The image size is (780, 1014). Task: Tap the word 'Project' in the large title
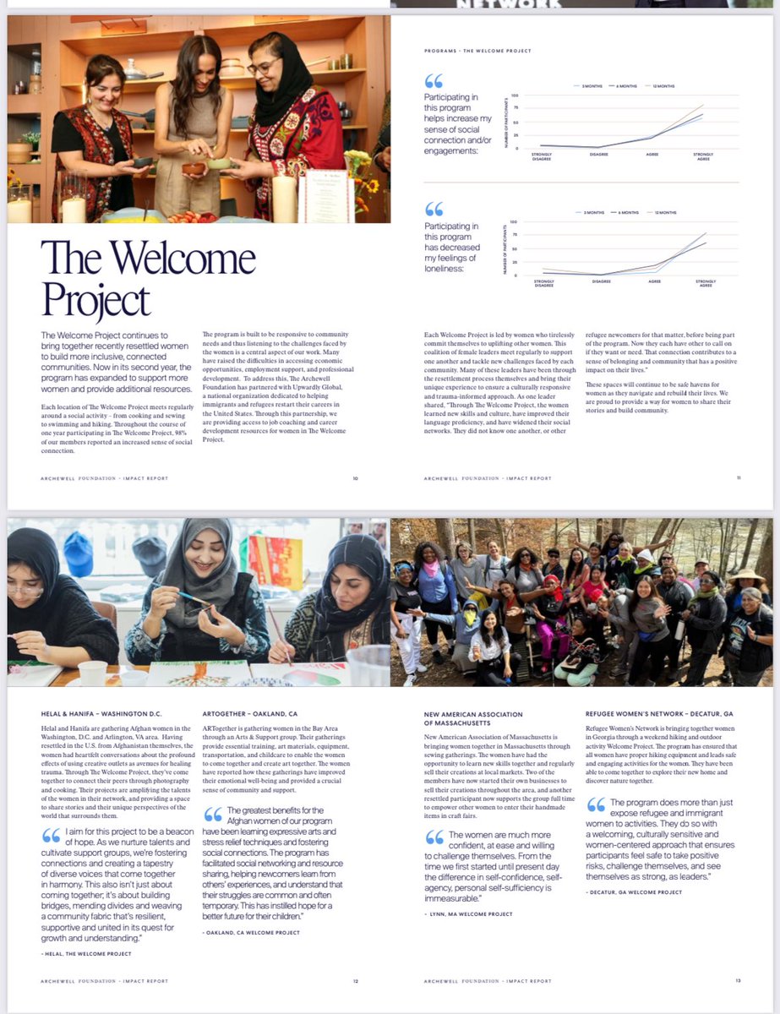pos(95,300)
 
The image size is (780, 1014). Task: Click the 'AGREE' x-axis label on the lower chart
pos(654,281)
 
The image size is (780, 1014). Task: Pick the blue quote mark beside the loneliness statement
pos(434,209)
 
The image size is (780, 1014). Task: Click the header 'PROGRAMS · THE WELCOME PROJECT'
pos(477,51)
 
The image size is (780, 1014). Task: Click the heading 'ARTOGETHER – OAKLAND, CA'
pos(250,714)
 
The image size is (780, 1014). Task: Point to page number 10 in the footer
pos(355,478)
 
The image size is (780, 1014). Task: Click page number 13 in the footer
pos(738,981)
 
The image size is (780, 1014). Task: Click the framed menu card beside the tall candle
pos(314,195)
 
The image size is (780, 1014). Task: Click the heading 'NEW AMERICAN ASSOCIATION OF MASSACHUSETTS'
pos(473,719)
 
